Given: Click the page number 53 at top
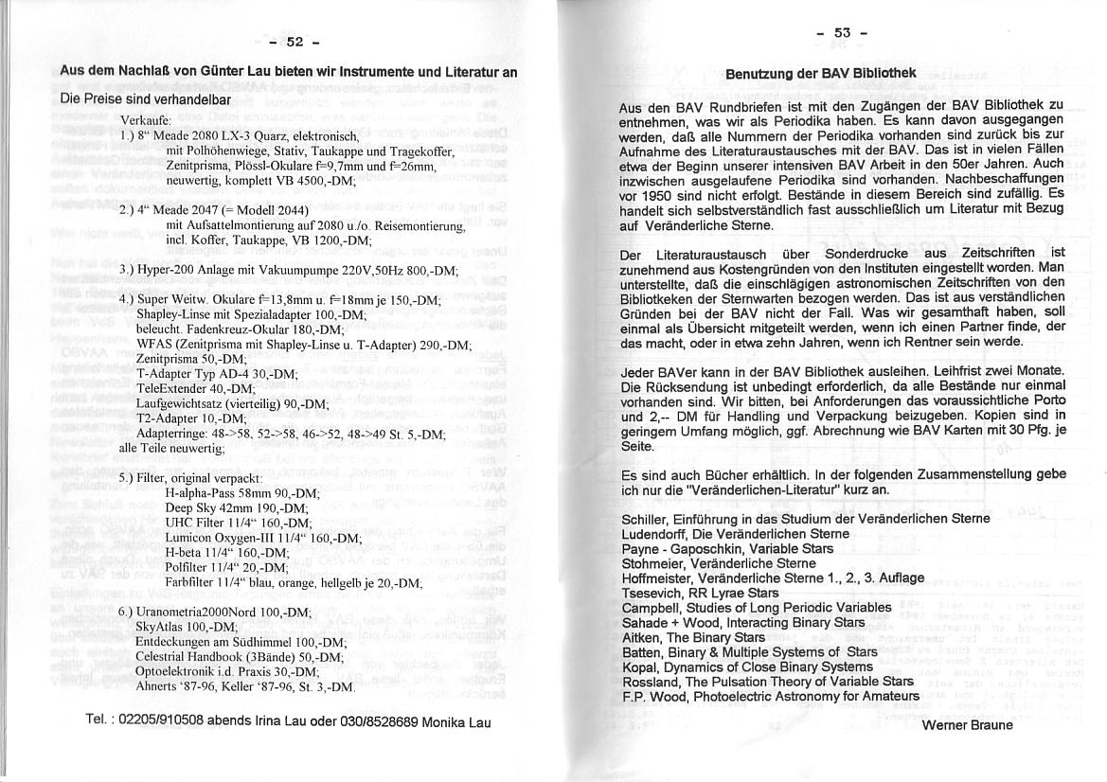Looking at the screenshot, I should click(x=844, y=34).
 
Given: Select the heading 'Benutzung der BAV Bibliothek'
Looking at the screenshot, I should click(x=821, y=73).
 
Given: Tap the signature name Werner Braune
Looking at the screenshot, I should click(x=967, y=725).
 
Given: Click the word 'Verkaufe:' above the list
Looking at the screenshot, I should click(x=146, y=120).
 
